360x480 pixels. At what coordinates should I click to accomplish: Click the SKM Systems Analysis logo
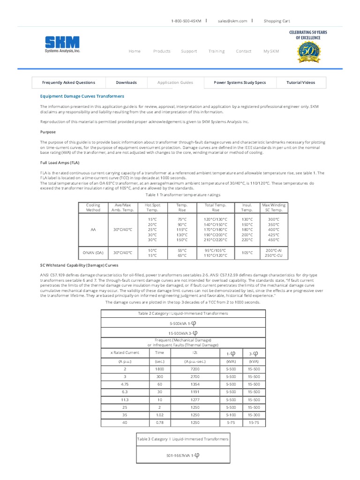coord(62,45)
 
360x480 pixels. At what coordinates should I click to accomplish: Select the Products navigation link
coord(162,51)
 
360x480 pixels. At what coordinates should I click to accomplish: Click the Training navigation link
coord(217,51)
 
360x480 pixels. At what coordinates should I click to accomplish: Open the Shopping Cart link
coord(277,21)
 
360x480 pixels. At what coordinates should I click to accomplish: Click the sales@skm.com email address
coord(232,21)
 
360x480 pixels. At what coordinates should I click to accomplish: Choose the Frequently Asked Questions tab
coord(68,82)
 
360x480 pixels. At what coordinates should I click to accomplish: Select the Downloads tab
coord(127,82)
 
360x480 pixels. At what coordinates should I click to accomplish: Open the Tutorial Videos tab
coord(301,82)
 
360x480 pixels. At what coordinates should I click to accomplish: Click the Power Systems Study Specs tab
coord(240,82)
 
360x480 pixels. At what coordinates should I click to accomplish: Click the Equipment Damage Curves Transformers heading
coord(82,96)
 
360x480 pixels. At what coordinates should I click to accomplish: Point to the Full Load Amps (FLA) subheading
coord(60,163)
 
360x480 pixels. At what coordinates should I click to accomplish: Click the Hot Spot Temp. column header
coord(152,208)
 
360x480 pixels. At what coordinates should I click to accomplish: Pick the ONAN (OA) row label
coord(93,253)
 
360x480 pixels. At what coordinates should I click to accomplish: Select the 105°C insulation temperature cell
coord(247,253)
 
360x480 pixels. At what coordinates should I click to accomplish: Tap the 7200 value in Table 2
coord(195,369)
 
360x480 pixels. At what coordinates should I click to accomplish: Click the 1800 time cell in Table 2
coord(160,369)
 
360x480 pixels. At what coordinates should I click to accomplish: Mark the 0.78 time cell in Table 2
coord(160,422)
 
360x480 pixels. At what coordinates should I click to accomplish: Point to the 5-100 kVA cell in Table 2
coord(231,415)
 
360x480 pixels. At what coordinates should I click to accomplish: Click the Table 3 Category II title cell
coord(183,439)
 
